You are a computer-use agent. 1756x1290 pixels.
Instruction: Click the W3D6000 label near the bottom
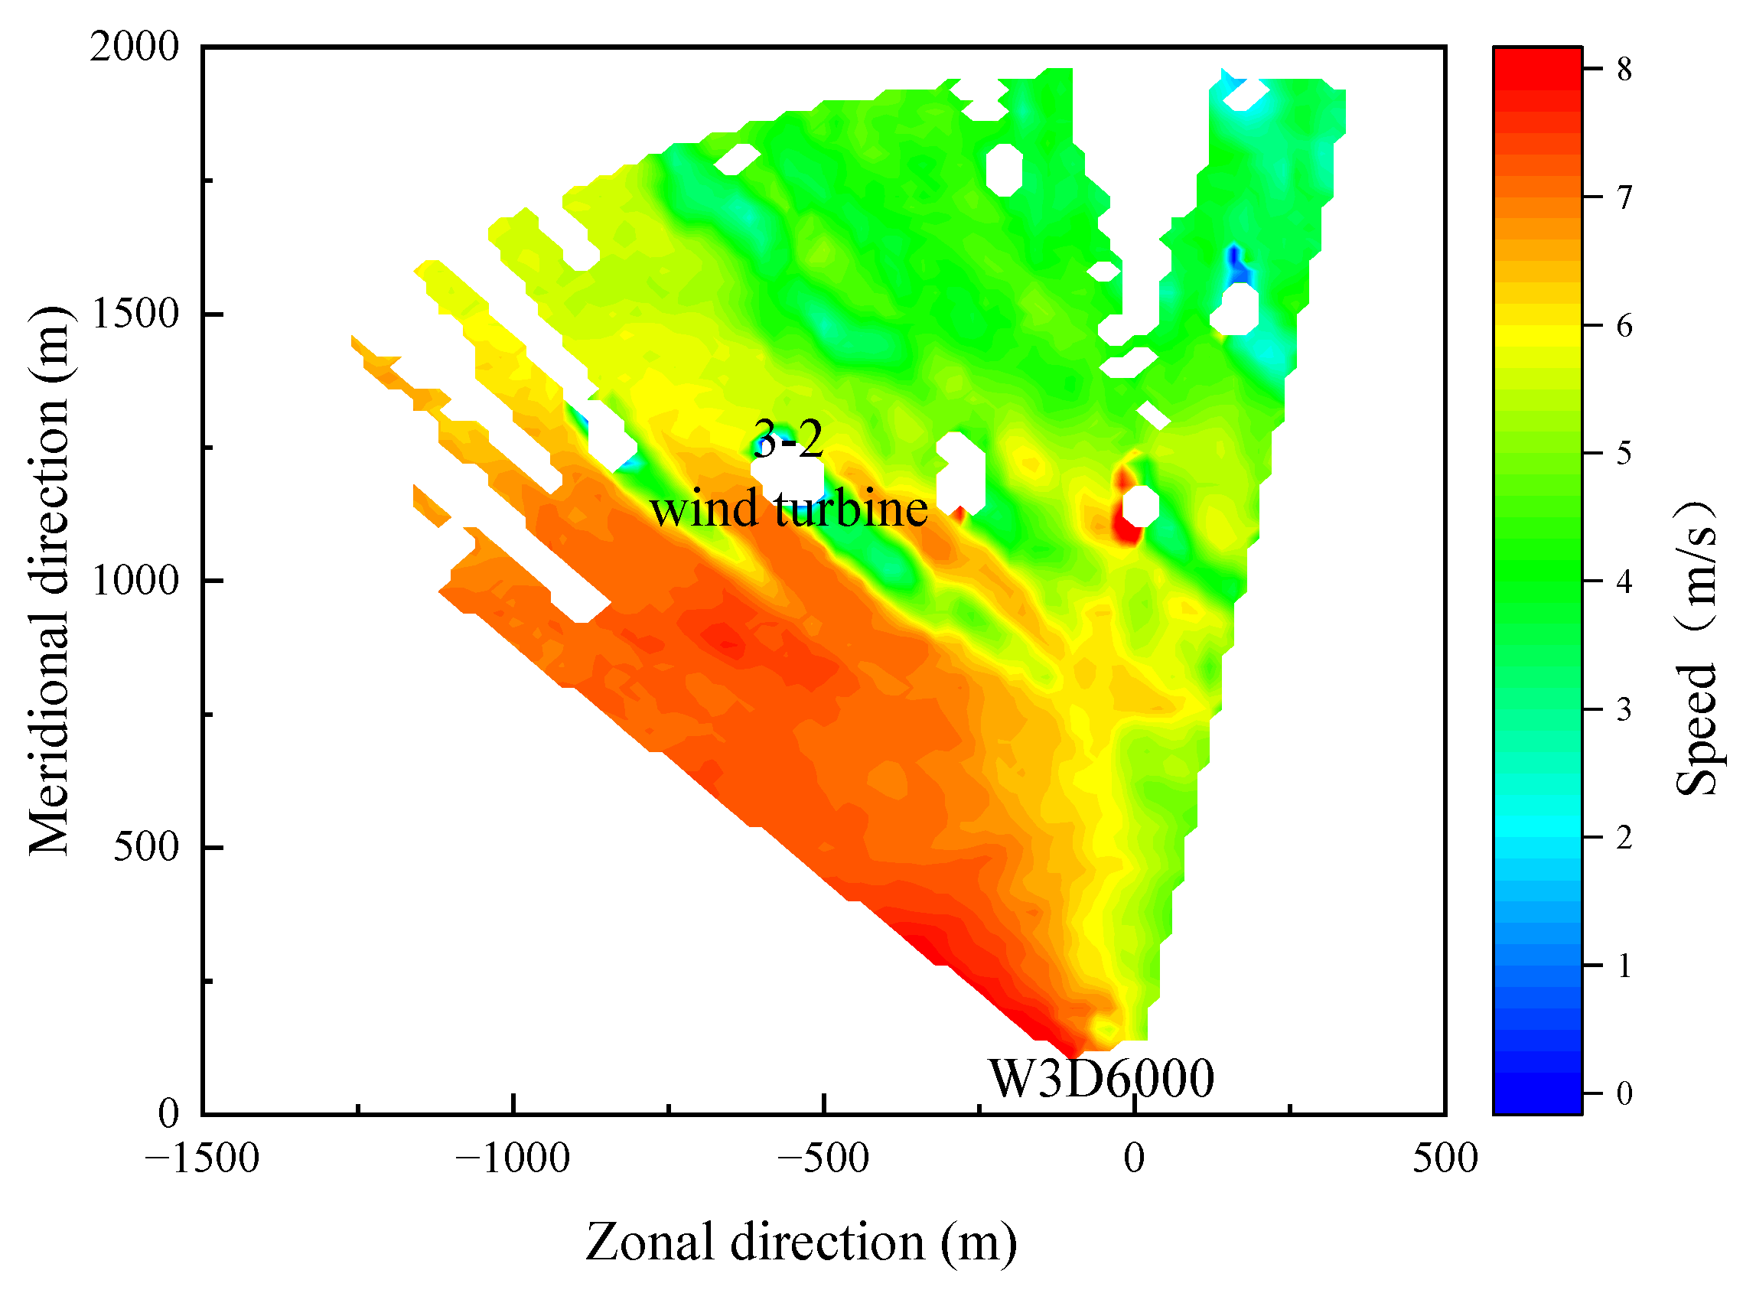[x=1101, y=1079]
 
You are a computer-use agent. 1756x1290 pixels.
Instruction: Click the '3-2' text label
[x=788, y=439]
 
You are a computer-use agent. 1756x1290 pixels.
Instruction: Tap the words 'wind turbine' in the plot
[x=789, y=509]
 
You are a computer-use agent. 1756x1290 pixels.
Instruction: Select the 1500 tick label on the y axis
[x=135, y=314]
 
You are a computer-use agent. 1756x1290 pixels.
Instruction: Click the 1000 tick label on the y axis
[x=135, y=581]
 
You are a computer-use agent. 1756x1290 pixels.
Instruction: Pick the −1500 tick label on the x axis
[x=202, y=1158]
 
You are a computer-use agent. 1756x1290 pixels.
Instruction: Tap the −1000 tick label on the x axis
[x=513, y=1158]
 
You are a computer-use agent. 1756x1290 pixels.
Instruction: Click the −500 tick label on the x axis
[x=823, y=1158]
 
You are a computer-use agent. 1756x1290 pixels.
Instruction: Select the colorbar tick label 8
[x=1624, y=70]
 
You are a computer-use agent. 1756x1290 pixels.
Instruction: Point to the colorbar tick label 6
[x=1624, y=326]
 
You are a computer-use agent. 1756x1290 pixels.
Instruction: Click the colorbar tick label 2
[x=1624, y=838]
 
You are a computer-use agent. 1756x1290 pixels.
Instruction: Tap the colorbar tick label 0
[x=1624, y=1093]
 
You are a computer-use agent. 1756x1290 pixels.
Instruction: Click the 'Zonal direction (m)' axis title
[x=801, y=1242]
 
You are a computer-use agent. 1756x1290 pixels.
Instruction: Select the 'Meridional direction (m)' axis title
[x=48, y=581]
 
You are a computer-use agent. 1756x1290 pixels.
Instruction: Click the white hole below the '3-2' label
[x=787, y=478]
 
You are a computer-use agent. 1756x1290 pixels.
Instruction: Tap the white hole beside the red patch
[x=1140, y=505]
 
